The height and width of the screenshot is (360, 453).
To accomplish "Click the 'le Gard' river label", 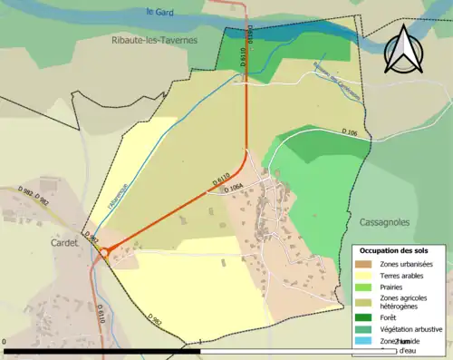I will [x=159, y=12].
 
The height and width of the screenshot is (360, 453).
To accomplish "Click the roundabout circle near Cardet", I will [x=106, y=254].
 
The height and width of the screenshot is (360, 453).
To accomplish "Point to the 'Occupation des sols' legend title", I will [x=400, y=249].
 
